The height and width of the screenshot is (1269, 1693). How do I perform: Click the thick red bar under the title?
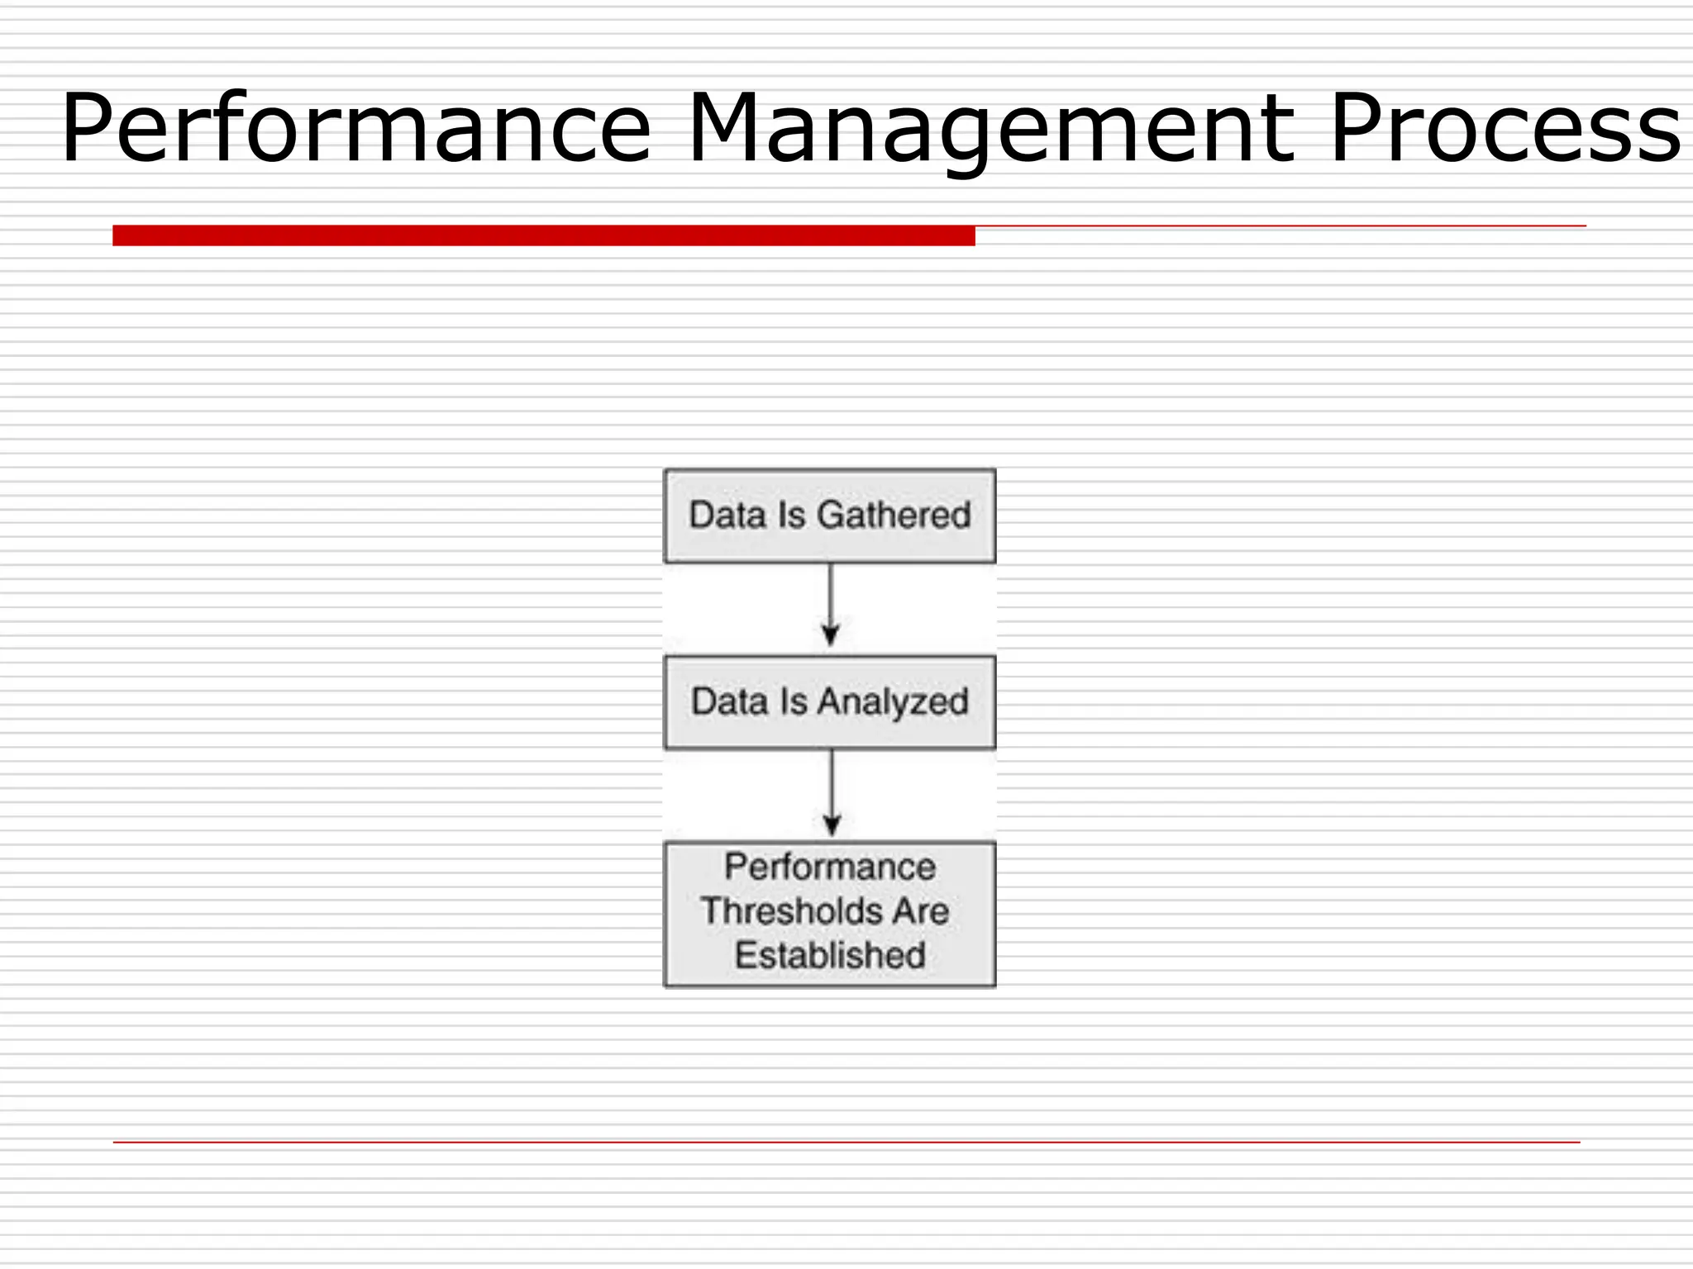coord(543,235)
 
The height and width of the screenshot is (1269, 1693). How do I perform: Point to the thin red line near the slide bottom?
coord(846,1142)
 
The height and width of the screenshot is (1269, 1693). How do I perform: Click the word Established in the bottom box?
coord(830,956)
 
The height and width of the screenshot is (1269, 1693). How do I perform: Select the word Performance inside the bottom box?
coord(830,867)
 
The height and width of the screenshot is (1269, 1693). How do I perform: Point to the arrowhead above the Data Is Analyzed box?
coord(830,636)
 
